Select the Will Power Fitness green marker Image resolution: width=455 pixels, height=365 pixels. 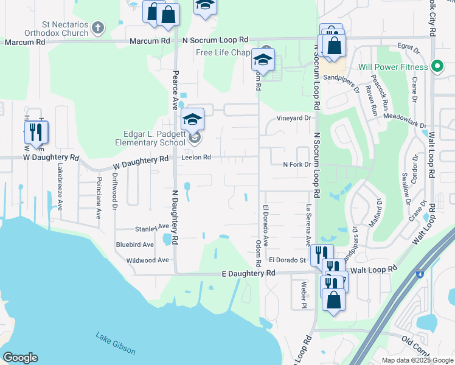coord(436,66)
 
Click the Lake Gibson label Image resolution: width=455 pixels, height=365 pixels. coord(116,343)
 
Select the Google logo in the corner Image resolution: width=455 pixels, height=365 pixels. coord(20,358)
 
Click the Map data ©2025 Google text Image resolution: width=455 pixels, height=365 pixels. coord(417,360)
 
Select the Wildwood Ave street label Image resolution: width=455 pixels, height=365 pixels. coord(147,260)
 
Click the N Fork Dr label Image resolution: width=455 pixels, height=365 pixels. coord(296,164)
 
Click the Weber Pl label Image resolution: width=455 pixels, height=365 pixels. coord(303,294)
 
